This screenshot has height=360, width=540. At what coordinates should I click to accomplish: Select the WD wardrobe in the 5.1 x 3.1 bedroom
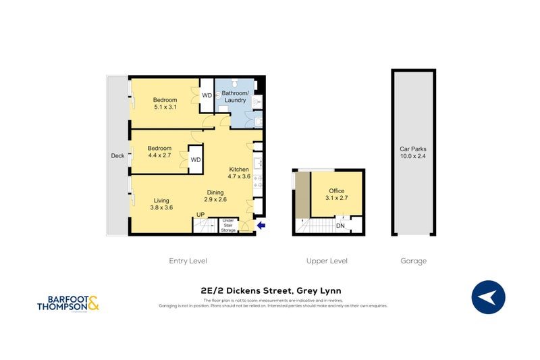207,95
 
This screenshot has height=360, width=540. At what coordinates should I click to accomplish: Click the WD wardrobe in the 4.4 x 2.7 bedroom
195,159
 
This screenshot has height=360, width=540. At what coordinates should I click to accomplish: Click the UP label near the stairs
200,215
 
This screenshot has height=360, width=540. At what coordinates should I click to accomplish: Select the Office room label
337,195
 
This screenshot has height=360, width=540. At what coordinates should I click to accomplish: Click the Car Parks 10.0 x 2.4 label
412,152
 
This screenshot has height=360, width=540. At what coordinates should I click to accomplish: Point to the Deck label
117,156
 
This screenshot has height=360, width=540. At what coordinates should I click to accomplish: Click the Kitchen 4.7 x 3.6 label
240,173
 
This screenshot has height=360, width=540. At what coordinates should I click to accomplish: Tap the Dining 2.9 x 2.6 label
216,196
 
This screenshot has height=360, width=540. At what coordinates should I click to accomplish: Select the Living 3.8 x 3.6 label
162,204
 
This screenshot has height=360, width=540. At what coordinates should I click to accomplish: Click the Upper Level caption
327,261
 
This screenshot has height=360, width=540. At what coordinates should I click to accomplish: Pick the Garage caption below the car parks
412,261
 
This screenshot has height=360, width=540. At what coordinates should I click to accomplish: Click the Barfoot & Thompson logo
68,301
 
